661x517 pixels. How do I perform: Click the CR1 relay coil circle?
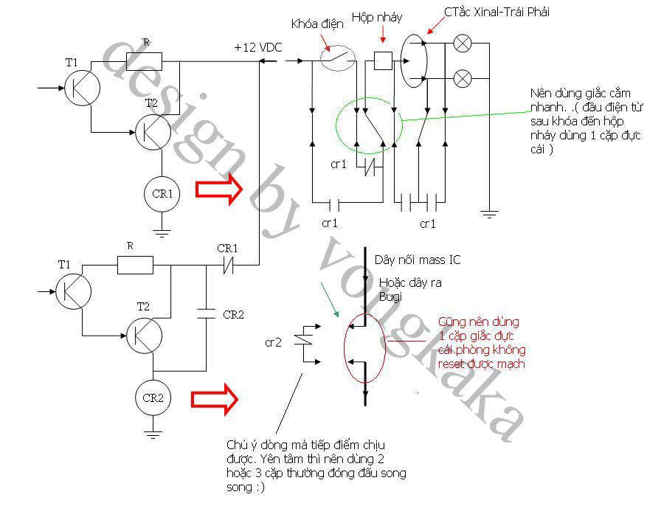[x=162, y=194]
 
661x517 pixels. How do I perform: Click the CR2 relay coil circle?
[x=153, y=398]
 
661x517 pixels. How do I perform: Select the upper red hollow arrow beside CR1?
[x=219, y=189]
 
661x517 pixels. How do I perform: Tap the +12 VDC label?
[x=258, y=47]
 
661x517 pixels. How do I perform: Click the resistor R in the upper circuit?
[x=144, y=61]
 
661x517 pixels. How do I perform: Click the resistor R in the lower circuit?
[x=135, y=266]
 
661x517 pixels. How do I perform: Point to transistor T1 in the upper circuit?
[x=82, y=88]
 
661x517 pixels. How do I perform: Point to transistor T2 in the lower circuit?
[x=145, y=336]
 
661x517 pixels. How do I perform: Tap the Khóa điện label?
[x=317, y=24]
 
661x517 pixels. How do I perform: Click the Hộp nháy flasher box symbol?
[x=383, y=60]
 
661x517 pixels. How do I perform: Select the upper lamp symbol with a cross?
[x=463, y=44]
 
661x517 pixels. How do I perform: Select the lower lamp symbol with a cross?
[x=463, y=78]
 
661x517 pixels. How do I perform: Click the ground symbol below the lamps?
[x=489, y=214]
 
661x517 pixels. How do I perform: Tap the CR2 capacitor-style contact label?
[x=233, y=314]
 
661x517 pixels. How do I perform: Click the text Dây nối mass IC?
[x=418, y=260]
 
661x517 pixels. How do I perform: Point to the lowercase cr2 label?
[x=273, y=343]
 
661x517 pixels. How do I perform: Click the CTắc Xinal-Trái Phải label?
[x=496, y=12]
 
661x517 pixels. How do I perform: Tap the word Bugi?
[x=390, y=296]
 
